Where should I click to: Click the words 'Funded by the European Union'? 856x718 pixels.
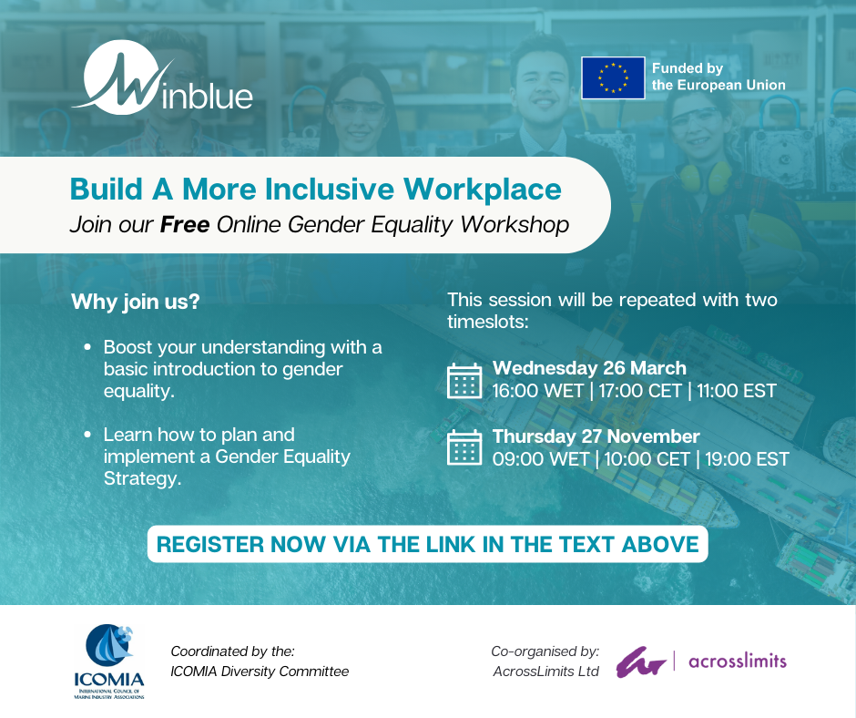718,77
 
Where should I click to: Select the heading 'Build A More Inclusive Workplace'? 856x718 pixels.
316,190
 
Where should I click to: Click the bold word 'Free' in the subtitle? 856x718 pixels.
186,224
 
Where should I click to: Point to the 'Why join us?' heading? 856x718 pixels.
135,302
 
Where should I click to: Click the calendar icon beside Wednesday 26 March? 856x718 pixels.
464,381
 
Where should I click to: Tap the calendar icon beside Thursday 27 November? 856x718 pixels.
464,447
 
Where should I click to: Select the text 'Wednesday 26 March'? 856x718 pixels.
589,368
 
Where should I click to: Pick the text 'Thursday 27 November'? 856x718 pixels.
596,436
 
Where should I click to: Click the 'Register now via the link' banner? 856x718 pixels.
427,544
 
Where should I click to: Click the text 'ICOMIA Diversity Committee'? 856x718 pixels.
260,672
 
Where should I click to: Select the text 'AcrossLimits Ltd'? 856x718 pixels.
545,672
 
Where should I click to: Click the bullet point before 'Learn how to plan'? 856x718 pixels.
87,436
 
